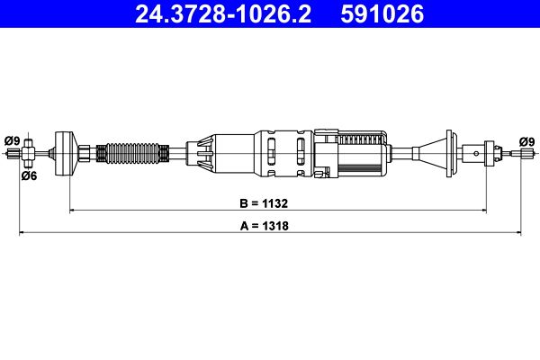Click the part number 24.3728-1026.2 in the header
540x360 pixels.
click(223, 14)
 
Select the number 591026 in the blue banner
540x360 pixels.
click(382, 14)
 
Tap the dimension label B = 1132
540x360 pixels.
click(264, 203)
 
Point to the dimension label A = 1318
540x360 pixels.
click(264, 226)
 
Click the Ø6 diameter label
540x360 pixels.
click(29, 176)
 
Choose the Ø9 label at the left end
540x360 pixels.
click(13, 141)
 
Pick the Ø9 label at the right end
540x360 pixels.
click(526, 142)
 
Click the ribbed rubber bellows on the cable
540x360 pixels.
click(132, 153)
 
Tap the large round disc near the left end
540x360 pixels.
click(67, 154)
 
